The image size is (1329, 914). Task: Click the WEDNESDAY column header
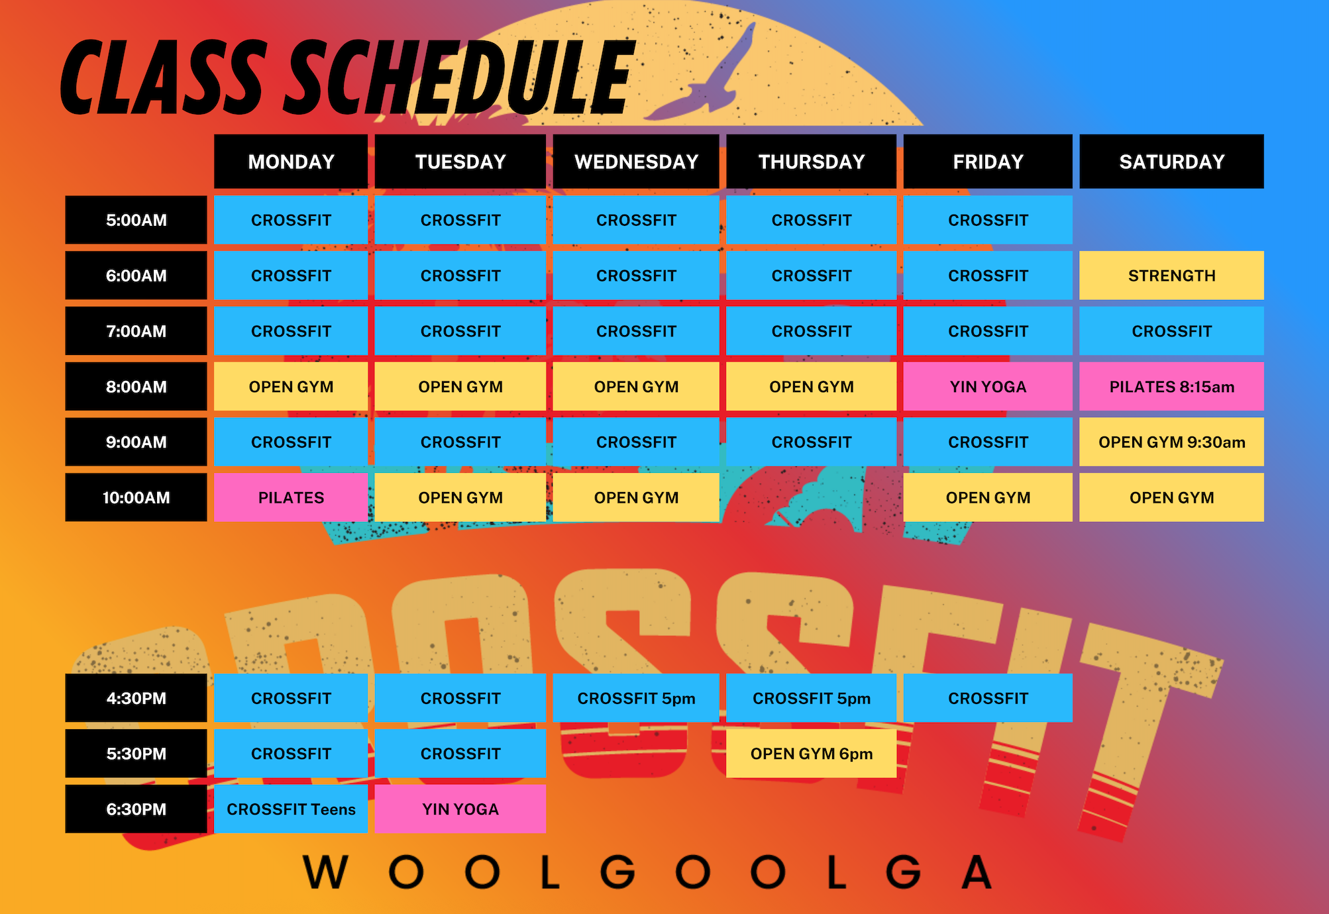coord(636,162)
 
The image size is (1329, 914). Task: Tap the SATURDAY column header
coord(1171,162)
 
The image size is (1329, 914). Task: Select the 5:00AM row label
coord(136,220)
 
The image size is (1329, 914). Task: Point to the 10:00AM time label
coord(136,497)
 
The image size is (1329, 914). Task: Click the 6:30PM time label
coord(136,809)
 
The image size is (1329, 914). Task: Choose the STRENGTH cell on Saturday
coord(1171,276)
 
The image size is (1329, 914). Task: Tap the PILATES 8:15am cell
coord(1171,386)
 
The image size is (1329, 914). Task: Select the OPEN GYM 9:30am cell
coord(1171,442)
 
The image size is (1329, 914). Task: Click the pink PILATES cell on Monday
coord(291,497)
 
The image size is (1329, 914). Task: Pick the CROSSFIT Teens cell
coord(291,809)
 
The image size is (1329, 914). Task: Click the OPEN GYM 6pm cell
coord(811,754)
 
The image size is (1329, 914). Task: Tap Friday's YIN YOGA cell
coord(988,386)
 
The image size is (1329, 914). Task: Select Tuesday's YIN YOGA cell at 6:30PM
coord(460,809)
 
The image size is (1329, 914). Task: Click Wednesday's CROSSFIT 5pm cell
coord(636,698)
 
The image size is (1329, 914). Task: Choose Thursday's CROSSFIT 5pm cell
coord(811,698)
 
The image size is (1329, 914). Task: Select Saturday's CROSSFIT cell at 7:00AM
coord(1171,331)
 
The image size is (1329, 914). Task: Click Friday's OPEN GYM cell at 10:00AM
coord(988,497)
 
